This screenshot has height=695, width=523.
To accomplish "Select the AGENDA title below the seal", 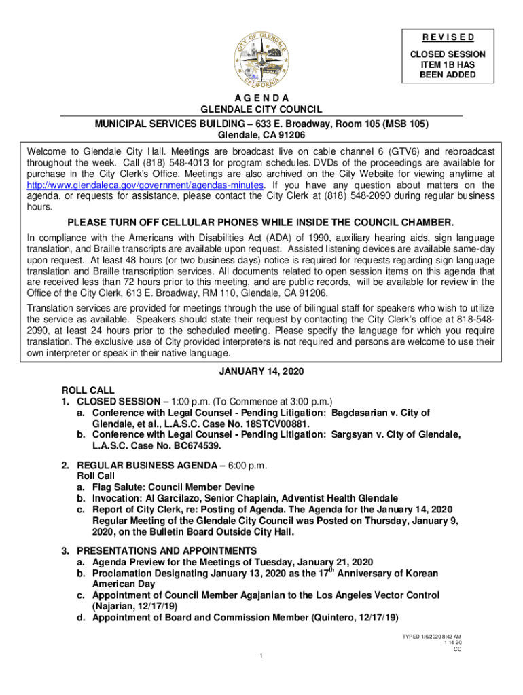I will point(261,98).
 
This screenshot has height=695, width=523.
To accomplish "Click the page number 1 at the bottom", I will point(261,655).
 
